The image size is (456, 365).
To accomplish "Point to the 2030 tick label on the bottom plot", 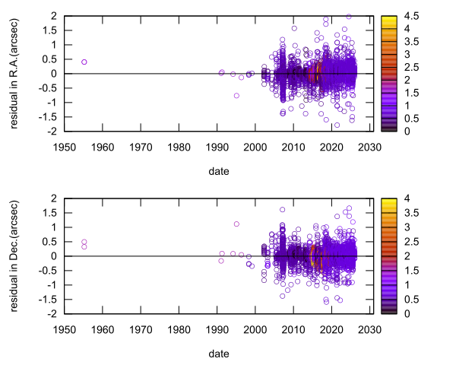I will coord(369,330).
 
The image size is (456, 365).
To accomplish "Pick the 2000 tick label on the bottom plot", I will coord(255,330).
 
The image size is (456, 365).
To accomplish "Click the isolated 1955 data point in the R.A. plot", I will coord(84,62).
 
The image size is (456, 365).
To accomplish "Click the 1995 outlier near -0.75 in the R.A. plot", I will coord(237,96).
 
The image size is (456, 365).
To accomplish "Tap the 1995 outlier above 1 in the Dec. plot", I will coord(237,224).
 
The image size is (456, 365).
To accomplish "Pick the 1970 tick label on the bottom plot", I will coord(141,330).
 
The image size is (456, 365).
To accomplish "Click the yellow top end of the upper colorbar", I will coord(388,17).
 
